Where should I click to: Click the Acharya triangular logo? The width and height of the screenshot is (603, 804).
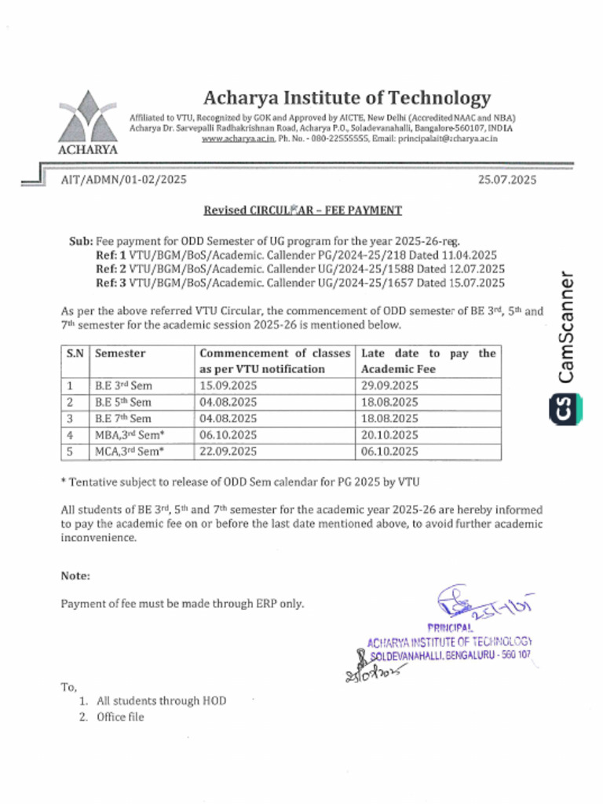88,118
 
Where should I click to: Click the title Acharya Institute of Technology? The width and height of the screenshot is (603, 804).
347,98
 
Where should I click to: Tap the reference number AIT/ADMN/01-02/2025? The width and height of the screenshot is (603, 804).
123,180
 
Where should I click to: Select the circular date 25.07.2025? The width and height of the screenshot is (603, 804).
507,180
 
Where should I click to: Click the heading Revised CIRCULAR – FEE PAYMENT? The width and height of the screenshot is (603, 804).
302,210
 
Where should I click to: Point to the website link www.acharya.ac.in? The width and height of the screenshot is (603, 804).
238,138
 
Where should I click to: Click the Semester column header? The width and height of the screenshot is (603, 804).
120,353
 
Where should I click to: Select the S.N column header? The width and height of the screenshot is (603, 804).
75,353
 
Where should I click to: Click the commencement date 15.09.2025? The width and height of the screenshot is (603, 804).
228,386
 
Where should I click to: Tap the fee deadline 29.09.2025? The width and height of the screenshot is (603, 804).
389,386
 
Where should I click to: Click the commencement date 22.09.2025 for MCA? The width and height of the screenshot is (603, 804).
228,451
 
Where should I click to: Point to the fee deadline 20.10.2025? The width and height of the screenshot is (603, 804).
389,435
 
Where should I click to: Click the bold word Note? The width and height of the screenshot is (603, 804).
75,576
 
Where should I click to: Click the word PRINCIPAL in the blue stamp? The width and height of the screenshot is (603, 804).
450,627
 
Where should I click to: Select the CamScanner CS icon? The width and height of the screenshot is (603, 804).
563,407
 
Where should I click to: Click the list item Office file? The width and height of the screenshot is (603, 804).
120,717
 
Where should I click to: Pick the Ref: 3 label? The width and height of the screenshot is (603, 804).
111,283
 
